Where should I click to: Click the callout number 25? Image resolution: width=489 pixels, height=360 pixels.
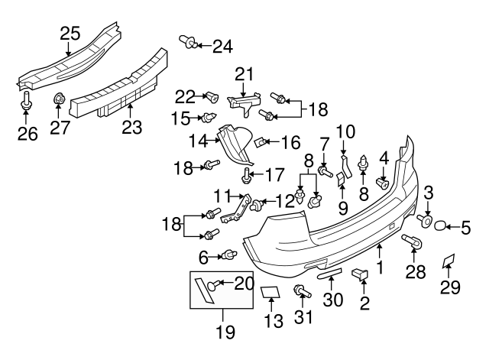70,33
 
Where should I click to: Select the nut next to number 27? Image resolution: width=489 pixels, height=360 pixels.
59,99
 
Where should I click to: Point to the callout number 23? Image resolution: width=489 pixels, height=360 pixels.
132,126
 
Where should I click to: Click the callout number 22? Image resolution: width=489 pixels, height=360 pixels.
185,96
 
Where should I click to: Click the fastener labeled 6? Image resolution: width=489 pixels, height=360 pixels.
228,255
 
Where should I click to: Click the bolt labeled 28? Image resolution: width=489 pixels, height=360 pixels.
411,242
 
